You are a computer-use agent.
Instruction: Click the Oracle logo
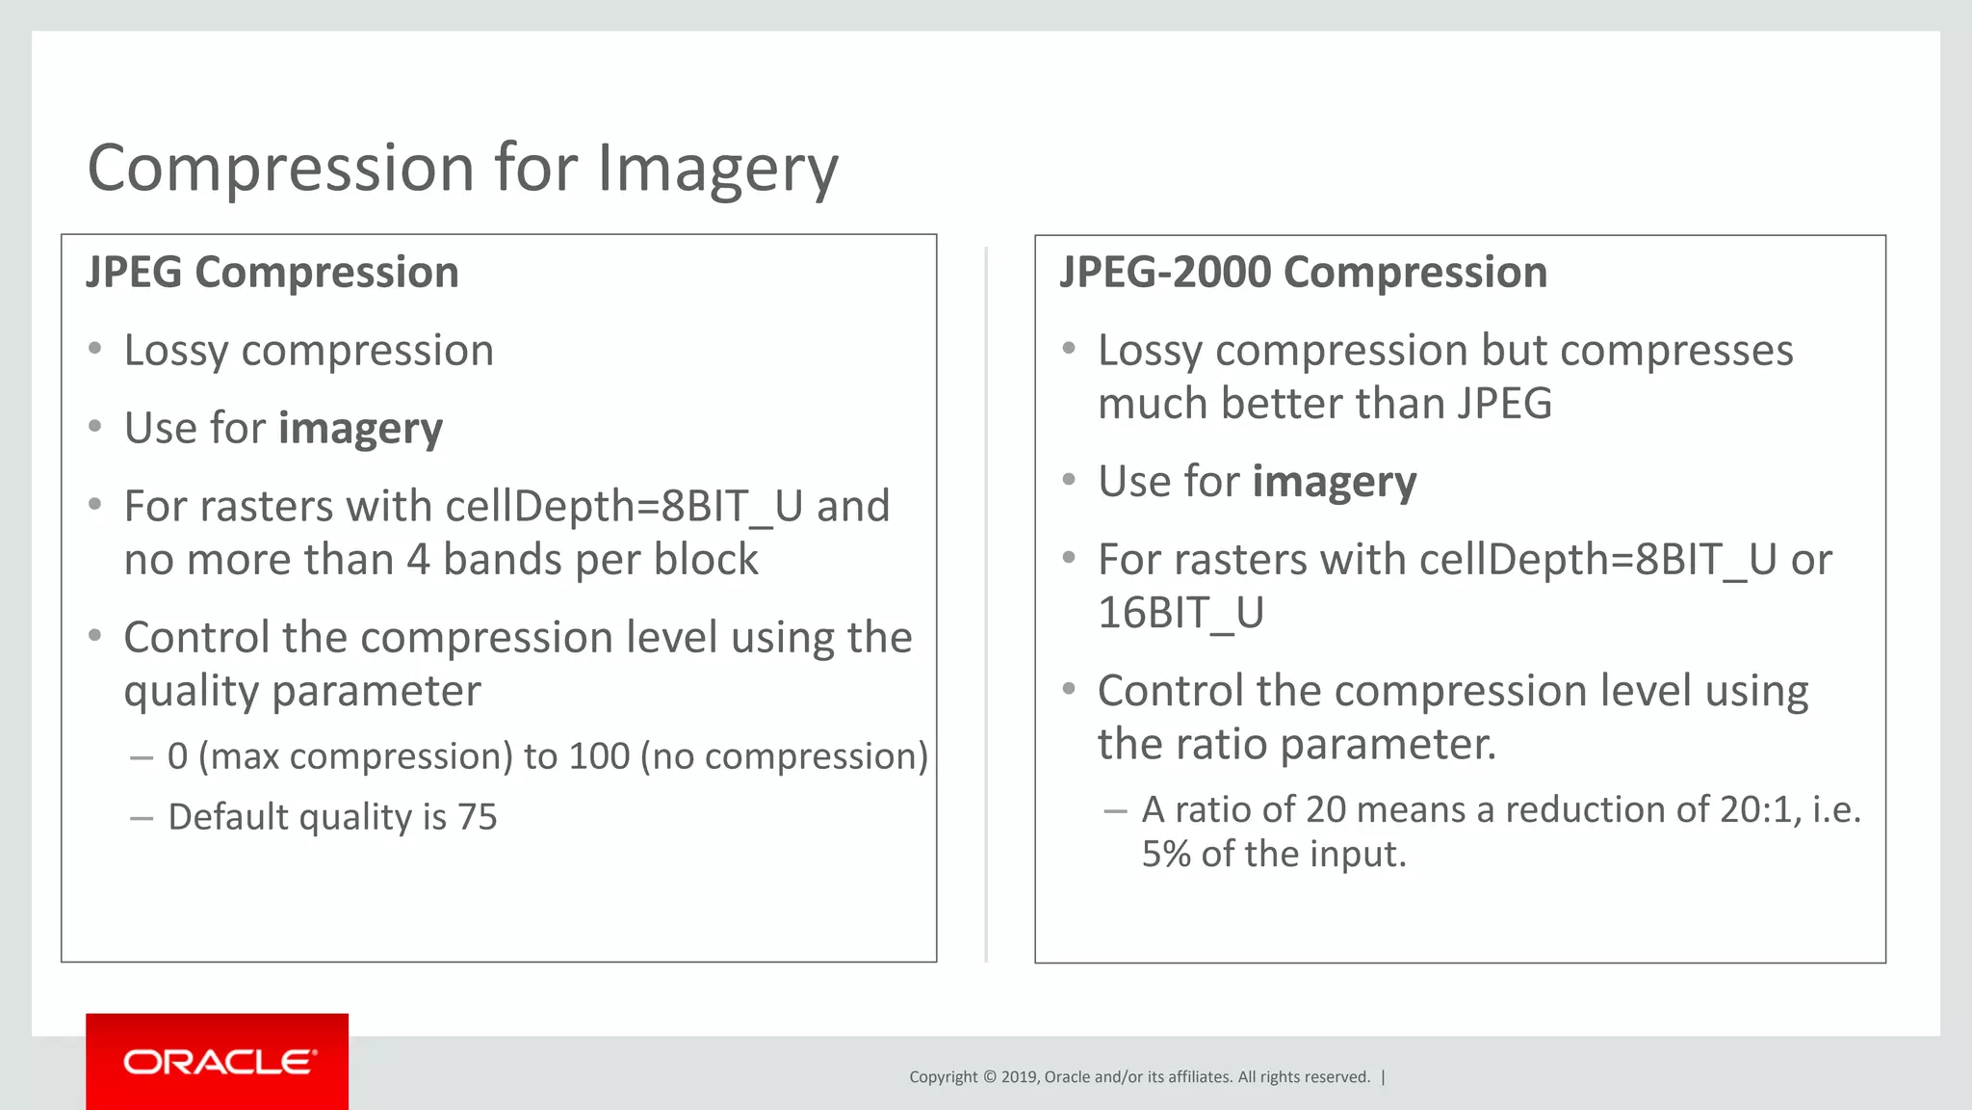click(x=218, y=1062)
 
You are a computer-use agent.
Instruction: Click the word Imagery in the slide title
click(x=717, y=170)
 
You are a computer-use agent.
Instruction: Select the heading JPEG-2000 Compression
click(x=1303, y=273)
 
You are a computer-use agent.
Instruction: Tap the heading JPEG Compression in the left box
click(x=272, y=273)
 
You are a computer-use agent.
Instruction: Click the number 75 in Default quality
click(x=477, y=817)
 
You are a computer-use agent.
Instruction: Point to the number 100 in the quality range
click(x=599, y=756)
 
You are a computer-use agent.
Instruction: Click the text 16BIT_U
click(x=1181, y=613)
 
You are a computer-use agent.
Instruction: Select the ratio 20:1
click(x=1759, y=809)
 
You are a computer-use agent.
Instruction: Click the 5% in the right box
click(x=1166, y=854)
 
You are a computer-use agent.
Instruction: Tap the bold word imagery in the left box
click(x=360, y=429)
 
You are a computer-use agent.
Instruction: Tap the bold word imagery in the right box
click(x=1335, y=482)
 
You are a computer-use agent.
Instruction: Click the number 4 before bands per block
click(x=417, y=560)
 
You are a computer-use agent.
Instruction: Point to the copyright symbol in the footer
click(x=988, y=1077)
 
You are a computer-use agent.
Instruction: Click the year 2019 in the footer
click(x=1019, y=1077)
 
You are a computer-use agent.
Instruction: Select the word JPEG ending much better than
click(x=1504, y=404)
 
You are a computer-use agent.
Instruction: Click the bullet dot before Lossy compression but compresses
click(x=1068, y=349)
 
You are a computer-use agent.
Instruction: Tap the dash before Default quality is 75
click(x=142, y=818)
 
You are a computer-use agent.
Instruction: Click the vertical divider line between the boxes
click(x=986, y=602)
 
